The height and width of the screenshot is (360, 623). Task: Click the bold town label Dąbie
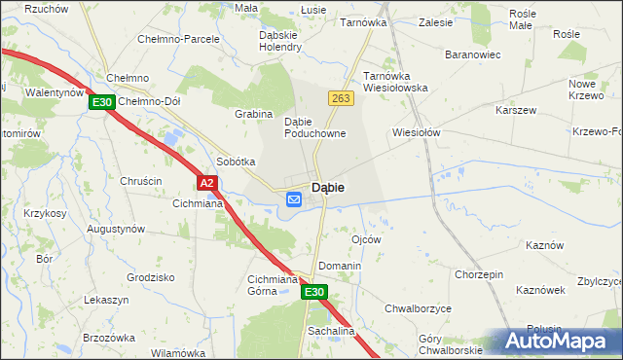point(331,187)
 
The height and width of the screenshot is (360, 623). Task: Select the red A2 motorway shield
point(206,182)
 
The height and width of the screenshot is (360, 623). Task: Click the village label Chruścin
point(141,181)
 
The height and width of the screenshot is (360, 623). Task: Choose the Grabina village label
point(253,114)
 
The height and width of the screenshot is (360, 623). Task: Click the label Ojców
point(365,238)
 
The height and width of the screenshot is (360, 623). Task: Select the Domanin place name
point(340,266)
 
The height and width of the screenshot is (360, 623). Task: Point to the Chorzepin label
point(478,274)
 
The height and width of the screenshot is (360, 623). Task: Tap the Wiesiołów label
point(417,131)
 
